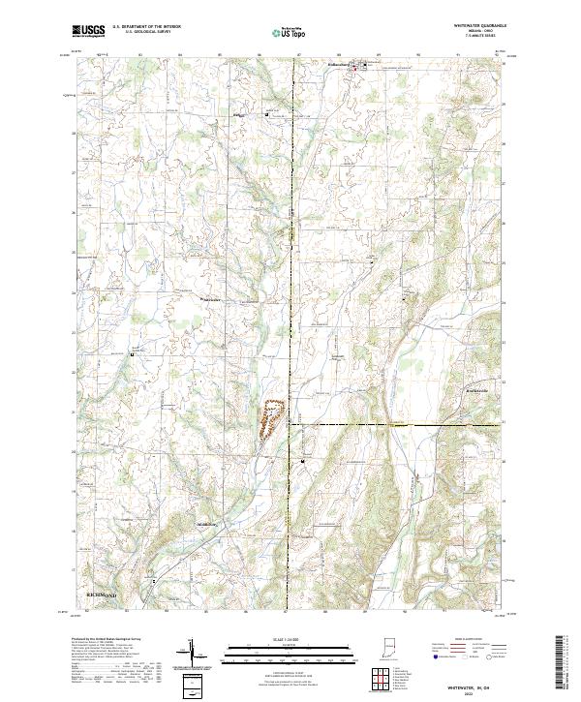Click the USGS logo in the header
pos(88,31)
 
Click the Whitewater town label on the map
pos(210,299)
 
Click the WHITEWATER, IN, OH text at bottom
pos(481,684)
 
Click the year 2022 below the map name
pos(481,690)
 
